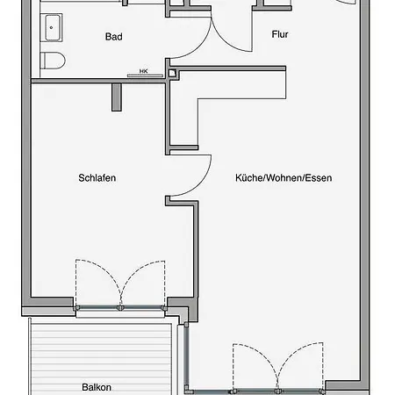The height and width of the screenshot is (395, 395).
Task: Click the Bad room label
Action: [114, 37]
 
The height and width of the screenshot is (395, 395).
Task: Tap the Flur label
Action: [280, 34]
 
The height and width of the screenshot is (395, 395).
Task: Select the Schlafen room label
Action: [97, 178]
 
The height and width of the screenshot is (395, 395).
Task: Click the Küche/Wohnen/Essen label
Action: [284, 178]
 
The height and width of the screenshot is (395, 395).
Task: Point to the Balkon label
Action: [97, 387]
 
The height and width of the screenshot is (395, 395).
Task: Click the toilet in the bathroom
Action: [53, 61]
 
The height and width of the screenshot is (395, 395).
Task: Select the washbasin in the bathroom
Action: [52, 27]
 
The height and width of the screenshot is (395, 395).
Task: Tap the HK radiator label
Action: [144, 71]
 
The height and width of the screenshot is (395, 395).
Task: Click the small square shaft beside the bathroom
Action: [172, 73]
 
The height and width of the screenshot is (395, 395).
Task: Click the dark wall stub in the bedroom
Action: [117, 97]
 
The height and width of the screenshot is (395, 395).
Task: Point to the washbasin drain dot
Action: [51, 28]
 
